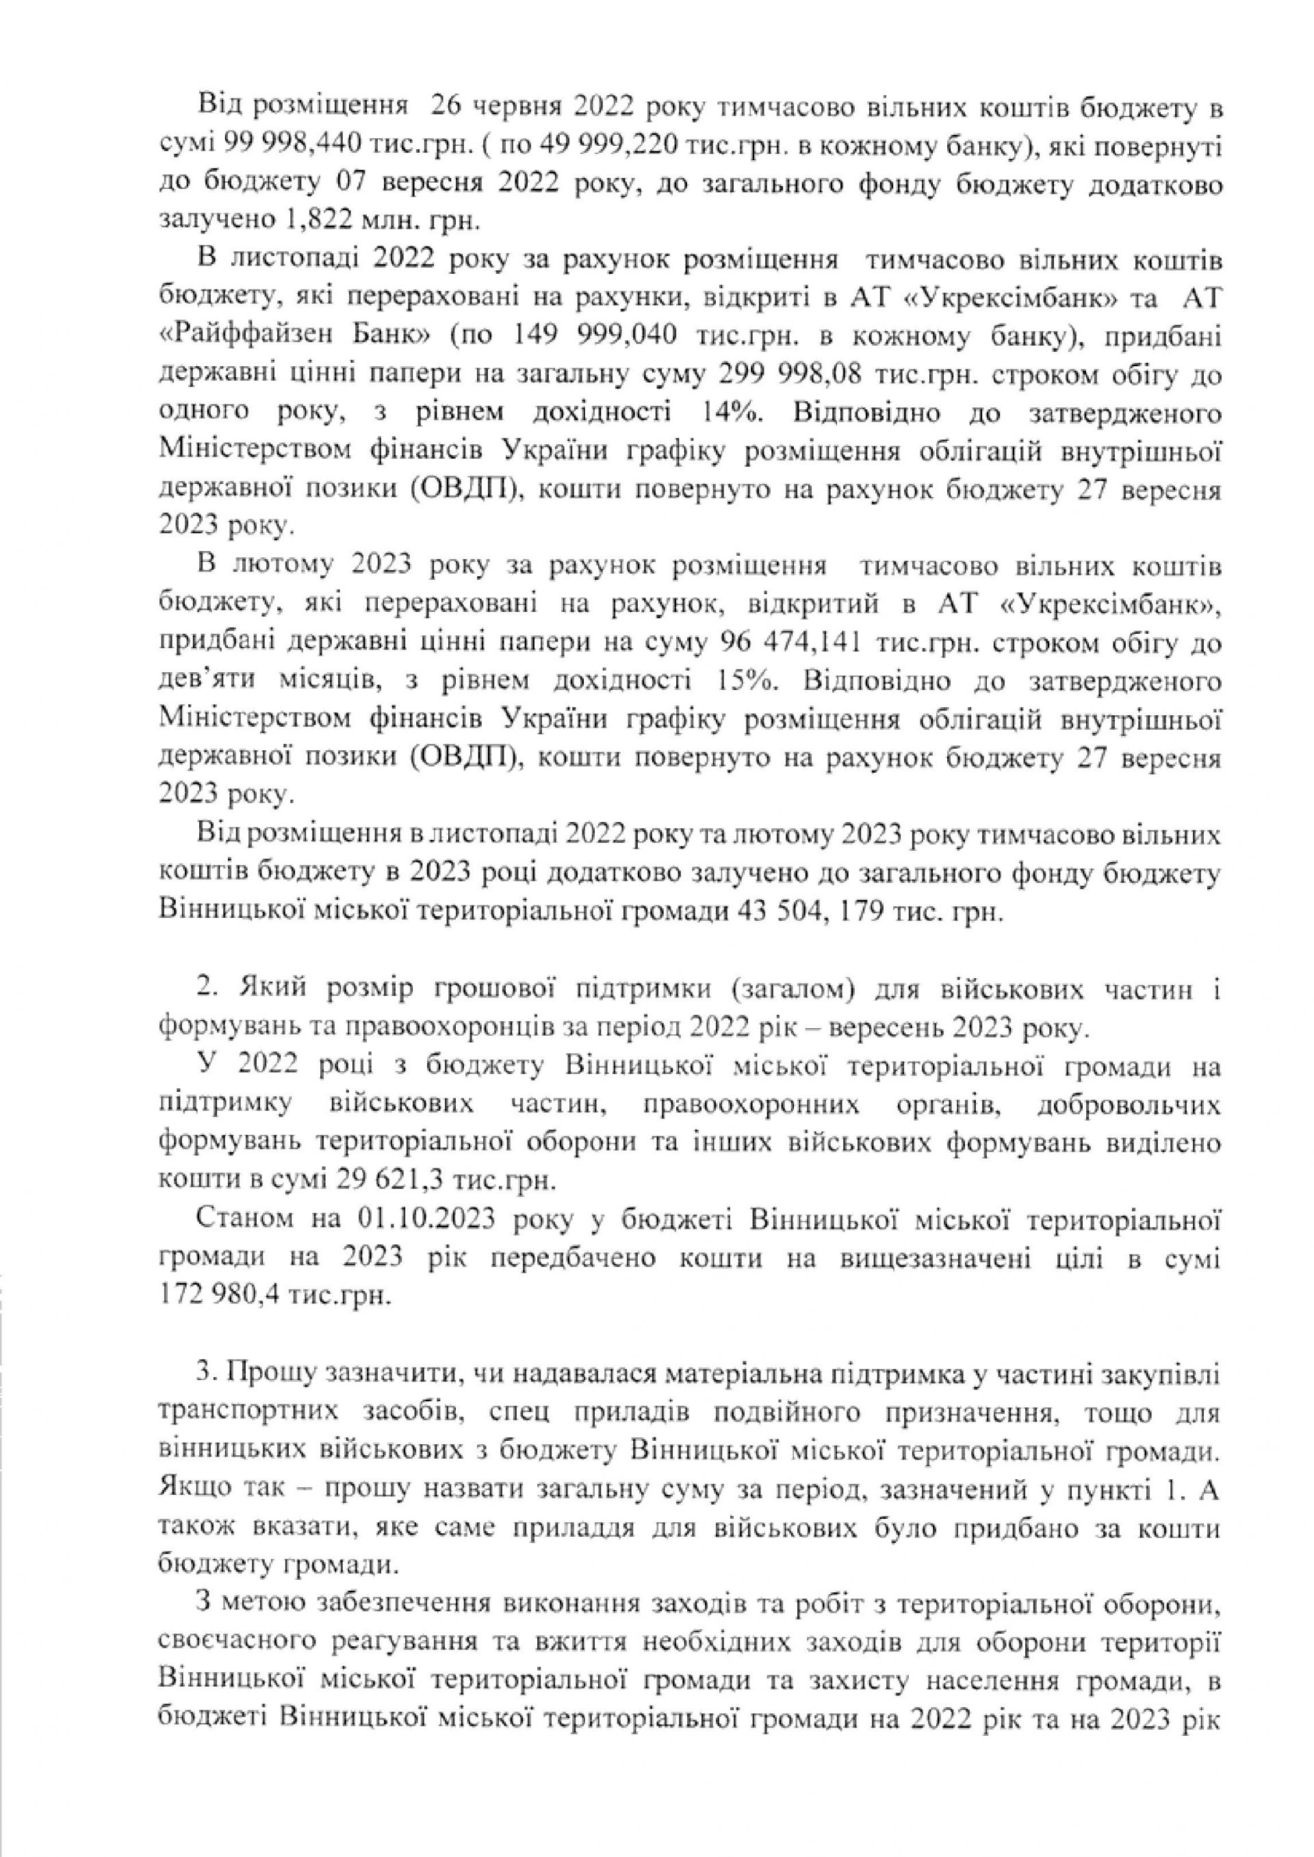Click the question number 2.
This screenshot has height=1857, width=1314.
pos(204,990)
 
